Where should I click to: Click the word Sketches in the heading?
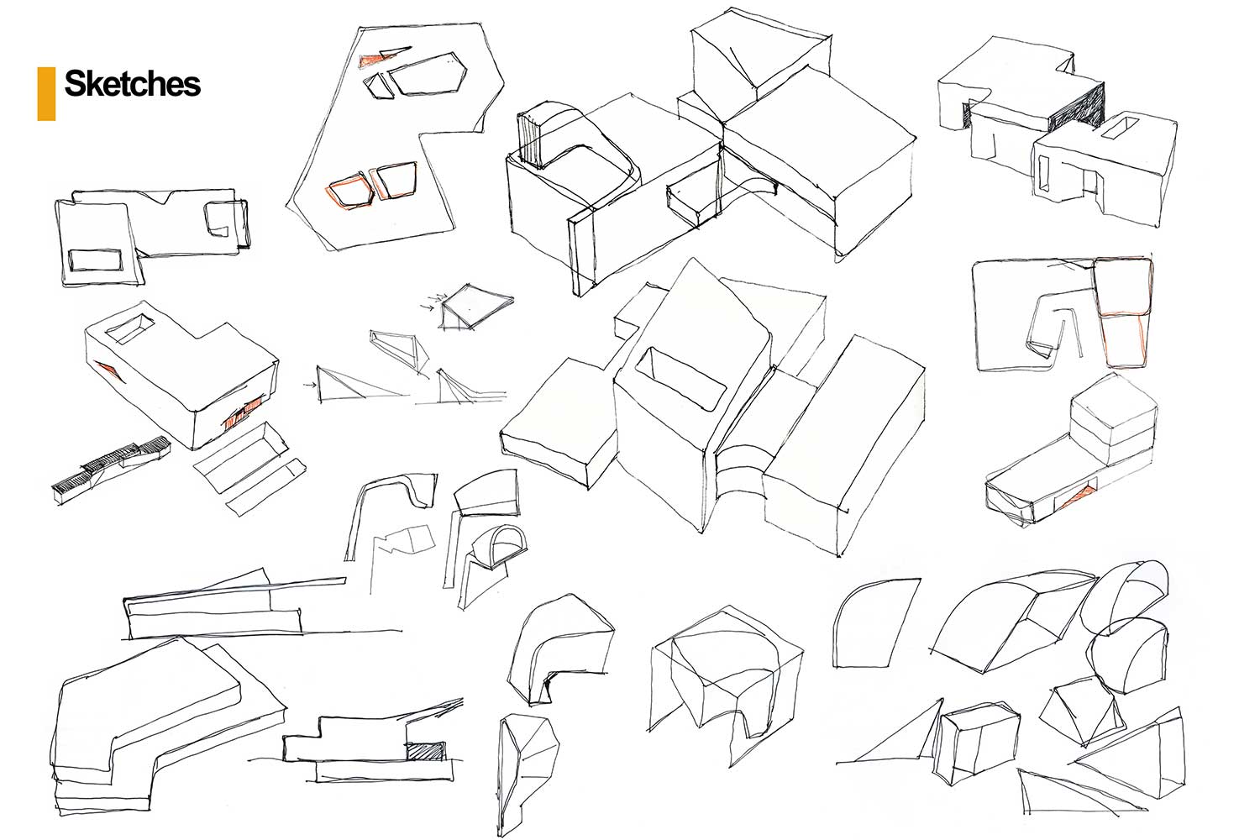pos(132,84)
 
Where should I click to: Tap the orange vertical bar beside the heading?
pos(46,93)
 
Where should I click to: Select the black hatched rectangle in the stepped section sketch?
pos(425,752)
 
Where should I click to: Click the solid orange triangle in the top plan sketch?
pos(370,60)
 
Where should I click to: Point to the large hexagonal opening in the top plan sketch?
pos(428,74)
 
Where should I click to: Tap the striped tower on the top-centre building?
pos(529,139)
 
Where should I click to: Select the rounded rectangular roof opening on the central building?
pos(680,378)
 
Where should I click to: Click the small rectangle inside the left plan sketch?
pos(95,260)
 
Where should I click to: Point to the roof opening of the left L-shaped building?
pos(129,329)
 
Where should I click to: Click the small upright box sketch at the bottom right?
pos(978,742)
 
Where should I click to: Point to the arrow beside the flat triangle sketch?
pos(310,386)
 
